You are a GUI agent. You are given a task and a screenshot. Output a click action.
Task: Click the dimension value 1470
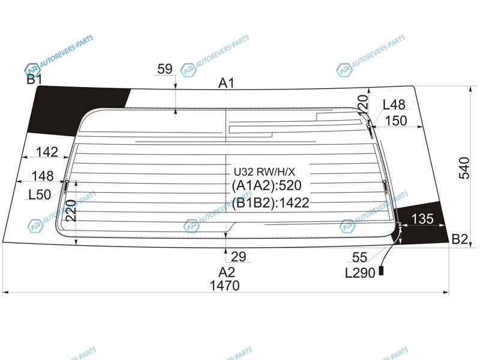pos(224,286)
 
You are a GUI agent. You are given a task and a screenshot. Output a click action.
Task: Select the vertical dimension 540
pos(464,168)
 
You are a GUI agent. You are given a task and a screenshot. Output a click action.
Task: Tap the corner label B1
pos(34,79)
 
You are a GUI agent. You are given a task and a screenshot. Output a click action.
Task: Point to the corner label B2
pos(460,239)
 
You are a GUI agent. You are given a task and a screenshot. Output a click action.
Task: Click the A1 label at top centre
pos(226,83)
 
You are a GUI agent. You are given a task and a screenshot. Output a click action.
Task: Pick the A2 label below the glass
pos(227,272)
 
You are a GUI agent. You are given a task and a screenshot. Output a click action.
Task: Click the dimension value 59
pos(164,69)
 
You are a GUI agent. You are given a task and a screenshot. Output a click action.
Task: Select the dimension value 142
pos(47,152)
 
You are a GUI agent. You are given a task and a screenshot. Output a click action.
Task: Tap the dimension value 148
pos(43,176)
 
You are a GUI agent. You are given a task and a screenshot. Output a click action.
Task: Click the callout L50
pos(40,194)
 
